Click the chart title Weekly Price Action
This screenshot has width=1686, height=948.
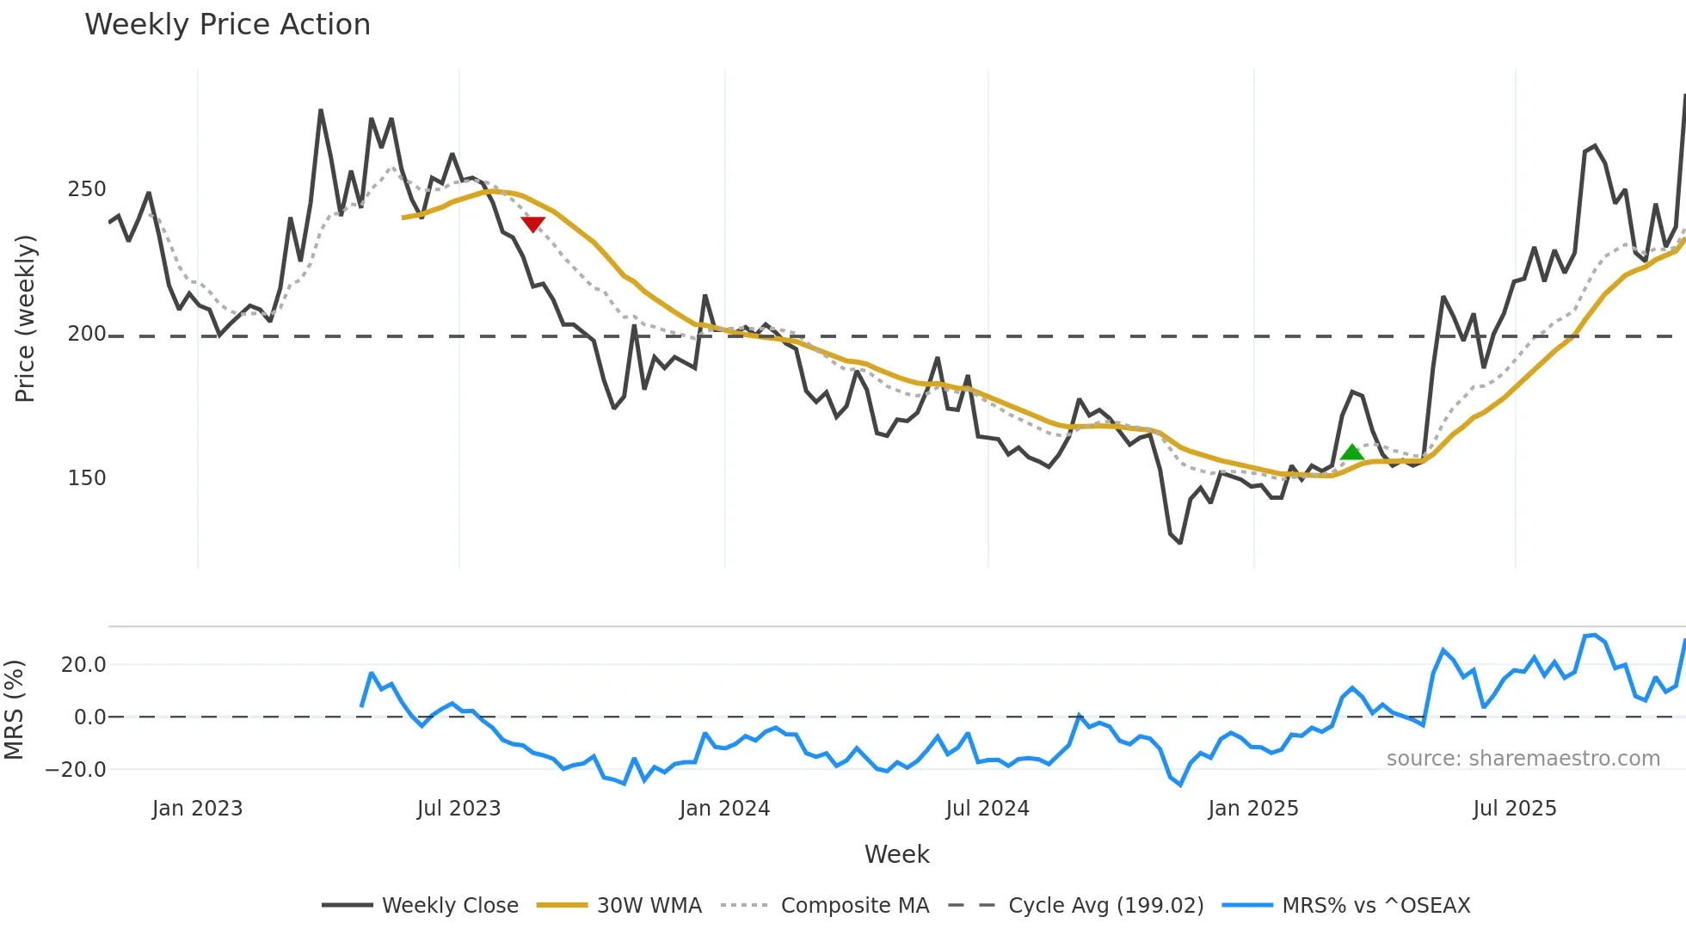point(227,25)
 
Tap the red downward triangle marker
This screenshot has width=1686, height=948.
point(533,225)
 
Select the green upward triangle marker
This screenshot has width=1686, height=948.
point(1352,452)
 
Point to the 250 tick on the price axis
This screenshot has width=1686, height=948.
point(87,189)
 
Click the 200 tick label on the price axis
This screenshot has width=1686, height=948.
point(87,334)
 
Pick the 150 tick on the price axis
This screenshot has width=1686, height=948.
point(87,478)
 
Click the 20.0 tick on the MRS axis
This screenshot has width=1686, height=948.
point(83,664)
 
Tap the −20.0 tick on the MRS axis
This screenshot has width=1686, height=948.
point(77,769)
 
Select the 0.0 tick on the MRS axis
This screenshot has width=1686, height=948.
point(89,717)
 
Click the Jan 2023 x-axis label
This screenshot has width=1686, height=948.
point(197,809)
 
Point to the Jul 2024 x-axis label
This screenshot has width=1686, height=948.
point(988,809)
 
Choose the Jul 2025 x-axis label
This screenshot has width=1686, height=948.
point(1515,809)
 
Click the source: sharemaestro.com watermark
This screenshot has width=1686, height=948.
point(1523,759)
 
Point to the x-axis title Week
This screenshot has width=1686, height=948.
point(896,854)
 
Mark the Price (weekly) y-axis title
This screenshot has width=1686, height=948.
point(25,318)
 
